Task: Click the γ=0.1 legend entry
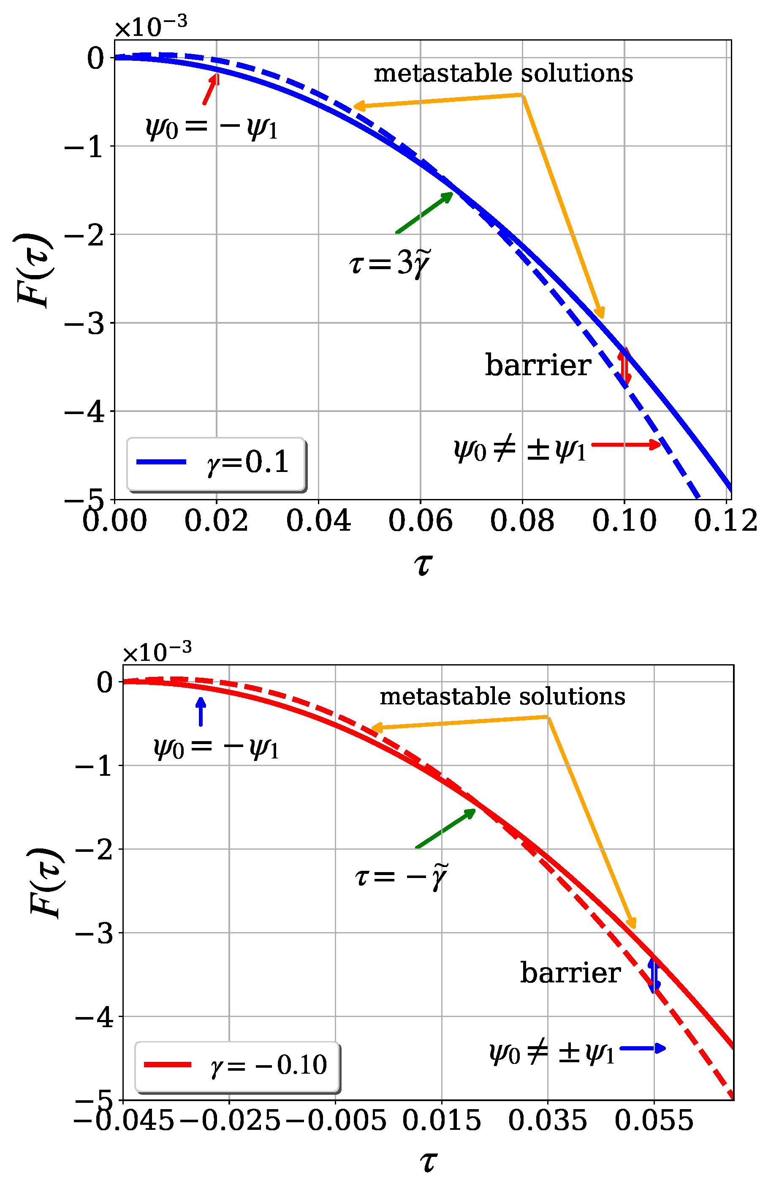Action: click(x=215, y=463)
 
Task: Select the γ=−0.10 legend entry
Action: click(x=237, y=1065)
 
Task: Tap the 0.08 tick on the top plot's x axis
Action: click(x=522, y=521)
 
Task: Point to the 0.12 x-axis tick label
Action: click(x=725, y=521)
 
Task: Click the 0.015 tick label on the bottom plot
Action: click(x=441, y=1121)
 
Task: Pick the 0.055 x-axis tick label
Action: click(x=654, y=1121)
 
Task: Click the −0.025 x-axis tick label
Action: click(x=229, y=1121)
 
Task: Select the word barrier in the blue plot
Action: click(x=538, y=365)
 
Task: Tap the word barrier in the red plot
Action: click(x=570, y=973)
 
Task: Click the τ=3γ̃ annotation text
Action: click(x=389, y=263)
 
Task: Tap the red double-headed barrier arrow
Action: click(x=624, y=367)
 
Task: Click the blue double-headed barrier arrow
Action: click(x=654, y=975)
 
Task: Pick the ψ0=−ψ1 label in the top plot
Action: click(x=211, y=128)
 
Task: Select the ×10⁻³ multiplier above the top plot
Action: click(x=151, y=27)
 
